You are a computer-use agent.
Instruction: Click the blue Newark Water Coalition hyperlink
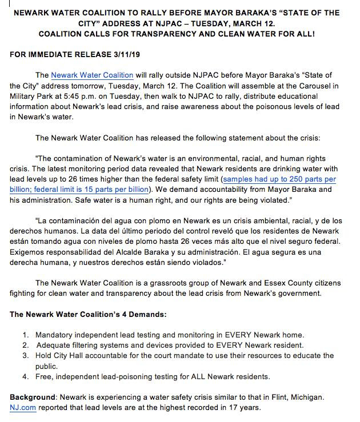click(x=92, y=75)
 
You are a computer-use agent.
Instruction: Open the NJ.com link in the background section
click(x=22, y=408)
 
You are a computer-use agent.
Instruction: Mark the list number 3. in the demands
click(x=25, y=355)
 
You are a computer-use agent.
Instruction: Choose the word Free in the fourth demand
click(x=44, y=376)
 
